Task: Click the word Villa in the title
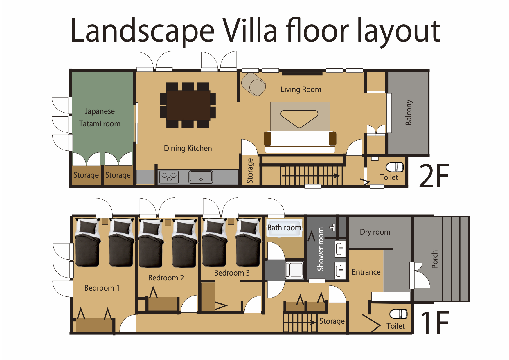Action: click(250, 30)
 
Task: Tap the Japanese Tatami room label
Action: click(100, 118)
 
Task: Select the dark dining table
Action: click(188, 105)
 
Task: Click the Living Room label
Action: click(301, 89)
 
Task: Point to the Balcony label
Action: click(409, 112)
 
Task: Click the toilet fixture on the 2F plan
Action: click(395, 167)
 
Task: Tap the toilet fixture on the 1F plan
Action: click(398, 314)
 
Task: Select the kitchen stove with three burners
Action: click(169, 177)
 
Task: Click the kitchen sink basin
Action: click(201, 177)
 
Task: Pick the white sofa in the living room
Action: click(300, 142)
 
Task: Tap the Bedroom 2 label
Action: click(166, 278)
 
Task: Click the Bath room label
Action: click(284, 228)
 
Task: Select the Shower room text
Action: click(320, 249)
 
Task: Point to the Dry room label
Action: click(375, 232)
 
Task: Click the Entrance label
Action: click(366, 272)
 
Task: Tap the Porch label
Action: click(434, 259)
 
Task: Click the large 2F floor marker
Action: click(434, 175)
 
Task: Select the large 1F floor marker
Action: click(435, 323)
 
